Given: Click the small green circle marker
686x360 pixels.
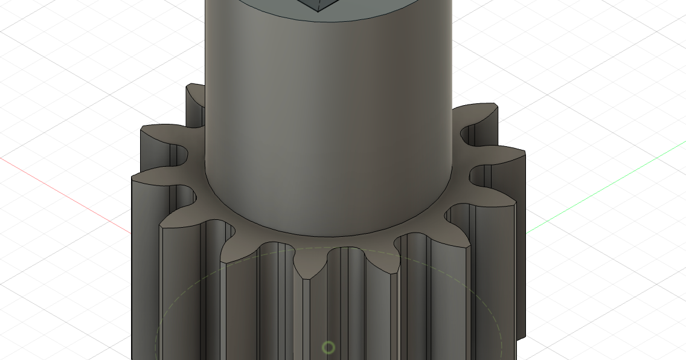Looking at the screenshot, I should (x=328, y=347).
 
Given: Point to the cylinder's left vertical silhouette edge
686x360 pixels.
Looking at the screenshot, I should (x=206, y=91).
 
